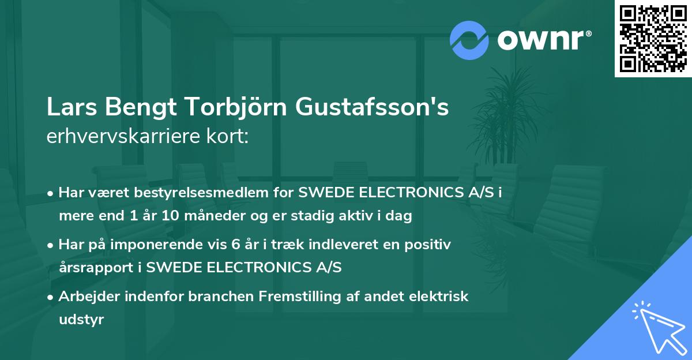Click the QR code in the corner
click(653, 38)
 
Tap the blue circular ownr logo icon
click(469, 40)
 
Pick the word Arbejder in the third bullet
click(88, 297)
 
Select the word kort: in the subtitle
click(231, 137)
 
